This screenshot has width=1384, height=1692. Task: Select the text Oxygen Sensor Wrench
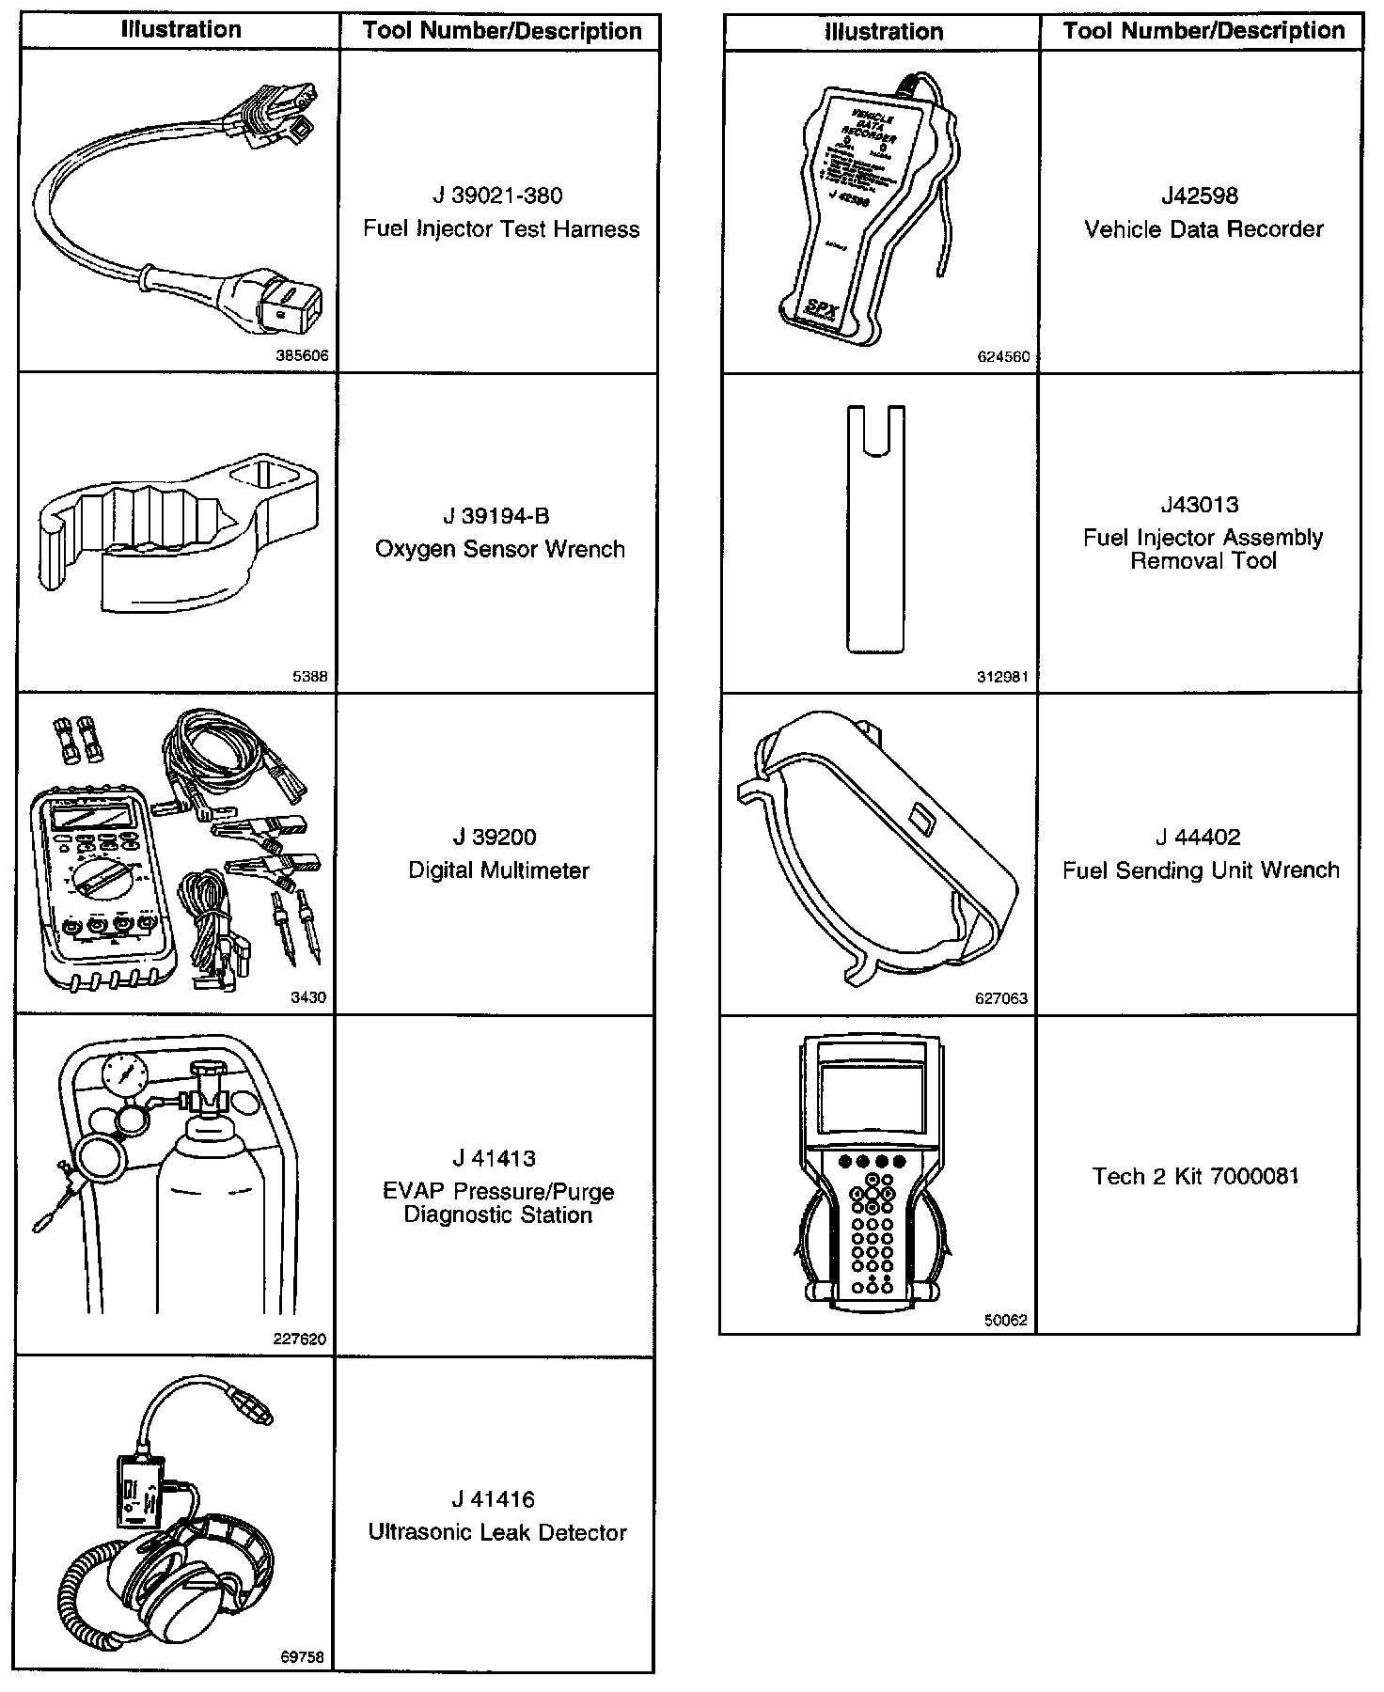499,549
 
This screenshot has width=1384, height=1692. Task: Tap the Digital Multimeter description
498,870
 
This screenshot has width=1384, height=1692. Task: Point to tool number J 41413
497,1158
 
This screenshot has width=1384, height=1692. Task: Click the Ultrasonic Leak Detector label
497,1532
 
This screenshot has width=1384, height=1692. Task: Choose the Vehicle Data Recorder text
1203,229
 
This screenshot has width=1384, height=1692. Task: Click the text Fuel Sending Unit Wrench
1201,870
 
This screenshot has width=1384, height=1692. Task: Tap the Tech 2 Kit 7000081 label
1196,1176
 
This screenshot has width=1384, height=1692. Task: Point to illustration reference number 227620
300,1339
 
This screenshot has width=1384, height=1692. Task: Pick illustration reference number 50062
1005,1320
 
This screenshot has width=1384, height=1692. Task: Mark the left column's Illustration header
181,30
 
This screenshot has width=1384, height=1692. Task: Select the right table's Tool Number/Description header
1203,31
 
